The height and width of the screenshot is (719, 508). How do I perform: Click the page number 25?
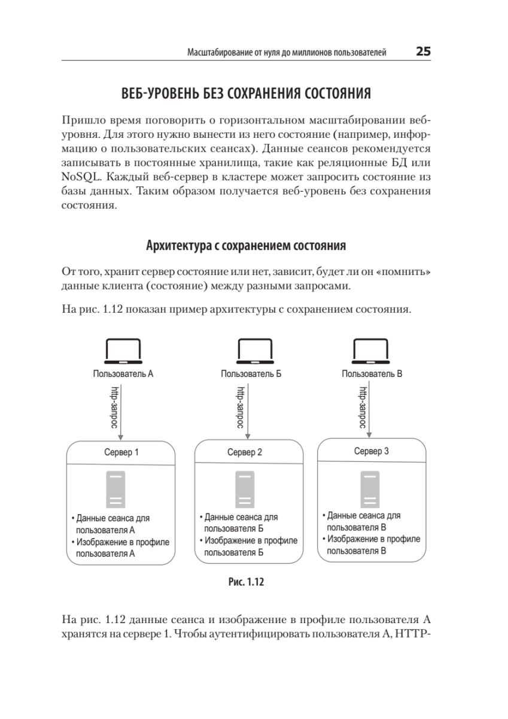coord(423,52)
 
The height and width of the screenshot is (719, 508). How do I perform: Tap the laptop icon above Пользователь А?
coord(123,352)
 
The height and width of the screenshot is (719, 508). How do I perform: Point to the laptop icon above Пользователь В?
coord(372,352)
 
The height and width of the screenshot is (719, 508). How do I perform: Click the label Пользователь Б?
coord(251,374)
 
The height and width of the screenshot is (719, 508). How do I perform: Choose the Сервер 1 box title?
coord(121,452)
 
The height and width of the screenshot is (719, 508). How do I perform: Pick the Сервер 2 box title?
coord(245,452)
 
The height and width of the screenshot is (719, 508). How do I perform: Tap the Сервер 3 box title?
coord(371,451)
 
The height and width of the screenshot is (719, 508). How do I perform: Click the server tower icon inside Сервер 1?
coord(116,490)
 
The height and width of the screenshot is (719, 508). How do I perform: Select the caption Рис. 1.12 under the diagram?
coord(246,581)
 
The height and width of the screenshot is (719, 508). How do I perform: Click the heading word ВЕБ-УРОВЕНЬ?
coord(157,94)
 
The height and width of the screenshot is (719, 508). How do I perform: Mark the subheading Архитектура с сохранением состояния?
coord(246,246)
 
